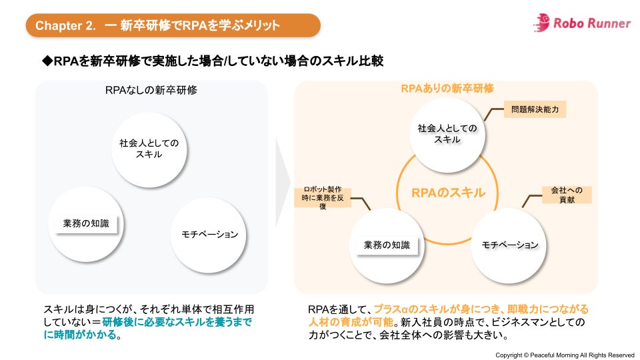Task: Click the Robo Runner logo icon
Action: (541, 23)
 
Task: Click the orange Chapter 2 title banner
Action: (173, 25)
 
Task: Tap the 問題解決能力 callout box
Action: (535, 109)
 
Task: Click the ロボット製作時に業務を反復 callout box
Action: (323, 198)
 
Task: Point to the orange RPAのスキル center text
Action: (448, 193)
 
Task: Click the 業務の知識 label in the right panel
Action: (386, 245)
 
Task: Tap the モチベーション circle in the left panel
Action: (209, 234)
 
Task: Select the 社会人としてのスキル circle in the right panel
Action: (447, 133)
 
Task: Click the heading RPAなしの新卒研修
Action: (151, 90)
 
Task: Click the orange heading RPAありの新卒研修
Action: (447, 88)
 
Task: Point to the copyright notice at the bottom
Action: (565, 354)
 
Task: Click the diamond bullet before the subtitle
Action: (47, 61)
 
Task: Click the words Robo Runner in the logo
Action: (592, 23)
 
